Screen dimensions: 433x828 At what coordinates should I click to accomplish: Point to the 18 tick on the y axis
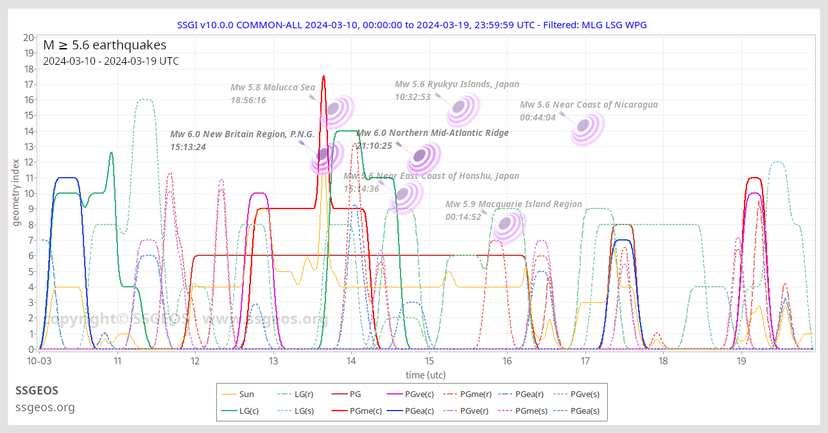tap(30, 69)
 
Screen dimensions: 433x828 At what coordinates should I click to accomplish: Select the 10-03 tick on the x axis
tap(39, 361)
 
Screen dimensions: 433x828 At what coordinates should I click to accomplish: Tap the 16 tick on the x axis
tap(507, 361)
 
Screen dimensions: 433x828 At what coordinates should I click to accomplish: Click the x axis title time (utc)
tap(426, 375)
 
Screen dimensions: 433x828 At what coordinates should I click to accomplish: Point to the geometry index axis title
tap(17, 194)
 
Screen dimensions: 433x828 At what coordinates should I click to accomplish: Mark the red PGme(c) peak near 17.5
tap(323, 76)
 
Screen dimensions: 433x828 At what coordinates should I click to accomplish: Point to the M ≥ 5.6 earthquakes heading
tap(105, 45)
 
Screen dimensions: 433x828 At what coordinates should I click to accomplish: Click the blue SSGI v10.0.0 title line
tap(411, 25)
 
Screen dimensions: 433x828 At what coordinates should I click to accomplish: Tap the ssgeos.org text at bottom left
tap(45, 407)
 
